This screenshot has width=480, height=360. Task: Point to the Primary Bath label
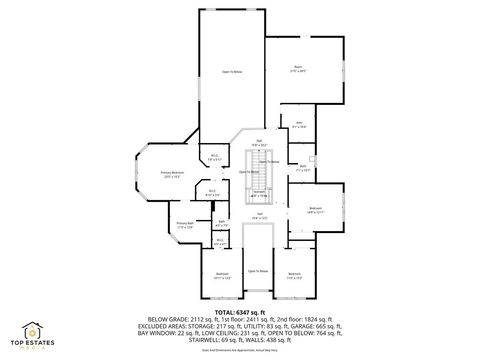pyautogui.click(x=185, y=225)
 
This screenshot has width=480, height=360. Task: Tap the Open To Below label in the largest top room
pyautogui.click(x=232, y=72)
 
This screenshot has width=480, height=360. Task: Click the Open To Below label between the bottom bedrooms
pyautogui.click(x=258, y=271)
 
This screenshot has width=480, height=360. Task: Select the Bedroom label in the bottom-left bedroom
pyautogui.click(x=222, y=274)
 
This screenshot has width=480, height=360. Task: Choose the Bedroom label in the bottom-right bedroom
pyautogui.click(x=294, y=274)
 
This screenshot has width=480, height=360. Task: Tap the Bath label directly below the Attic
pyautogui.click(x=303, y=167)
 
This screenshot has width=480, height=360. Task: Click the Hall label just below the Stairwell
pyautogui.click(x=258, y=215)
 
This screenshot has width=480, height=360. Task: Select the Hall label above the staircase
pyautogui.click(x=259, y=141)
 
